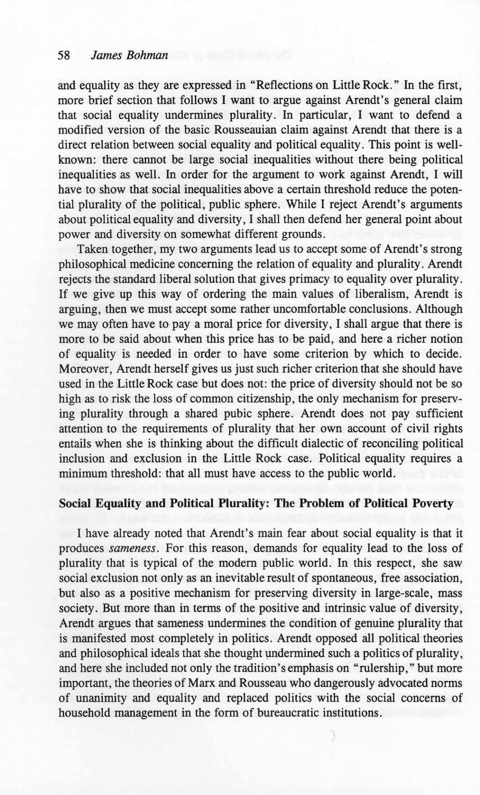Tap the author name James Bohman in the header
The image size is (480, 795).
coord(129,55)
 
